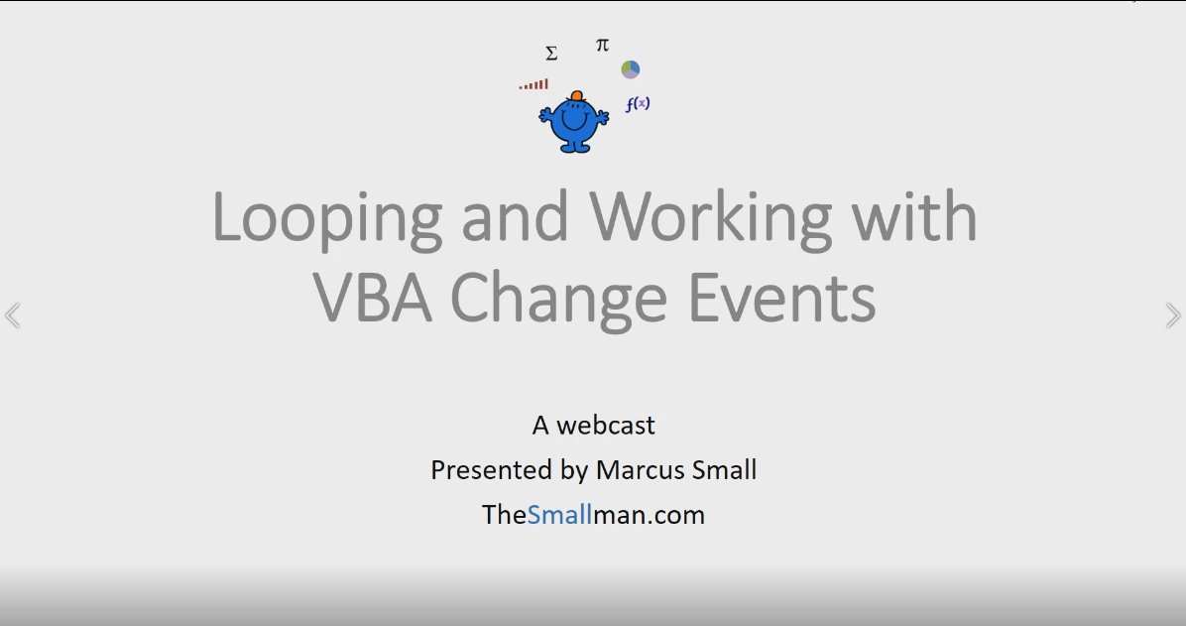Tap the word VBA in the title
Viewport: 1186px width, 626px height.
[374, 297]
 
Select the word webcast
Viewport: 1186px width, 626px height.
[606, 425]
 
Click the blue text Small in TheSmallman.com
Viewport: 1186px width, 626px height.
[559, 515]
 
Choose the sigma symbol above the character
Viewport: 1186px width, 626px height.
[551, 54]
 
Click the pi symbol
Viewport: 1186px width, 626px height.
[602, 45]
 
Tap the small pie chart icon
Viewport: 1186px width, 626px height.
[631, 69]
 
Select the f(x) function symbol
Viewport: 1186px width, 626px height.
[637, 103]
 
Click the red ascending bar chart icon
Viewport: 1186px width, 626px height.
[534, 85]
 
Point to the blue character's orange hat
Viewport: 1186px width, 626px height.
[576, 96]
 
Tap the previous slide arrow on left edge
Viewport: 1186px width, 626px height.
[12, 315]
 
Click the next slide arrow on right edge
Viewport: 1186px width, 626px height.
[1173, 315]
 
